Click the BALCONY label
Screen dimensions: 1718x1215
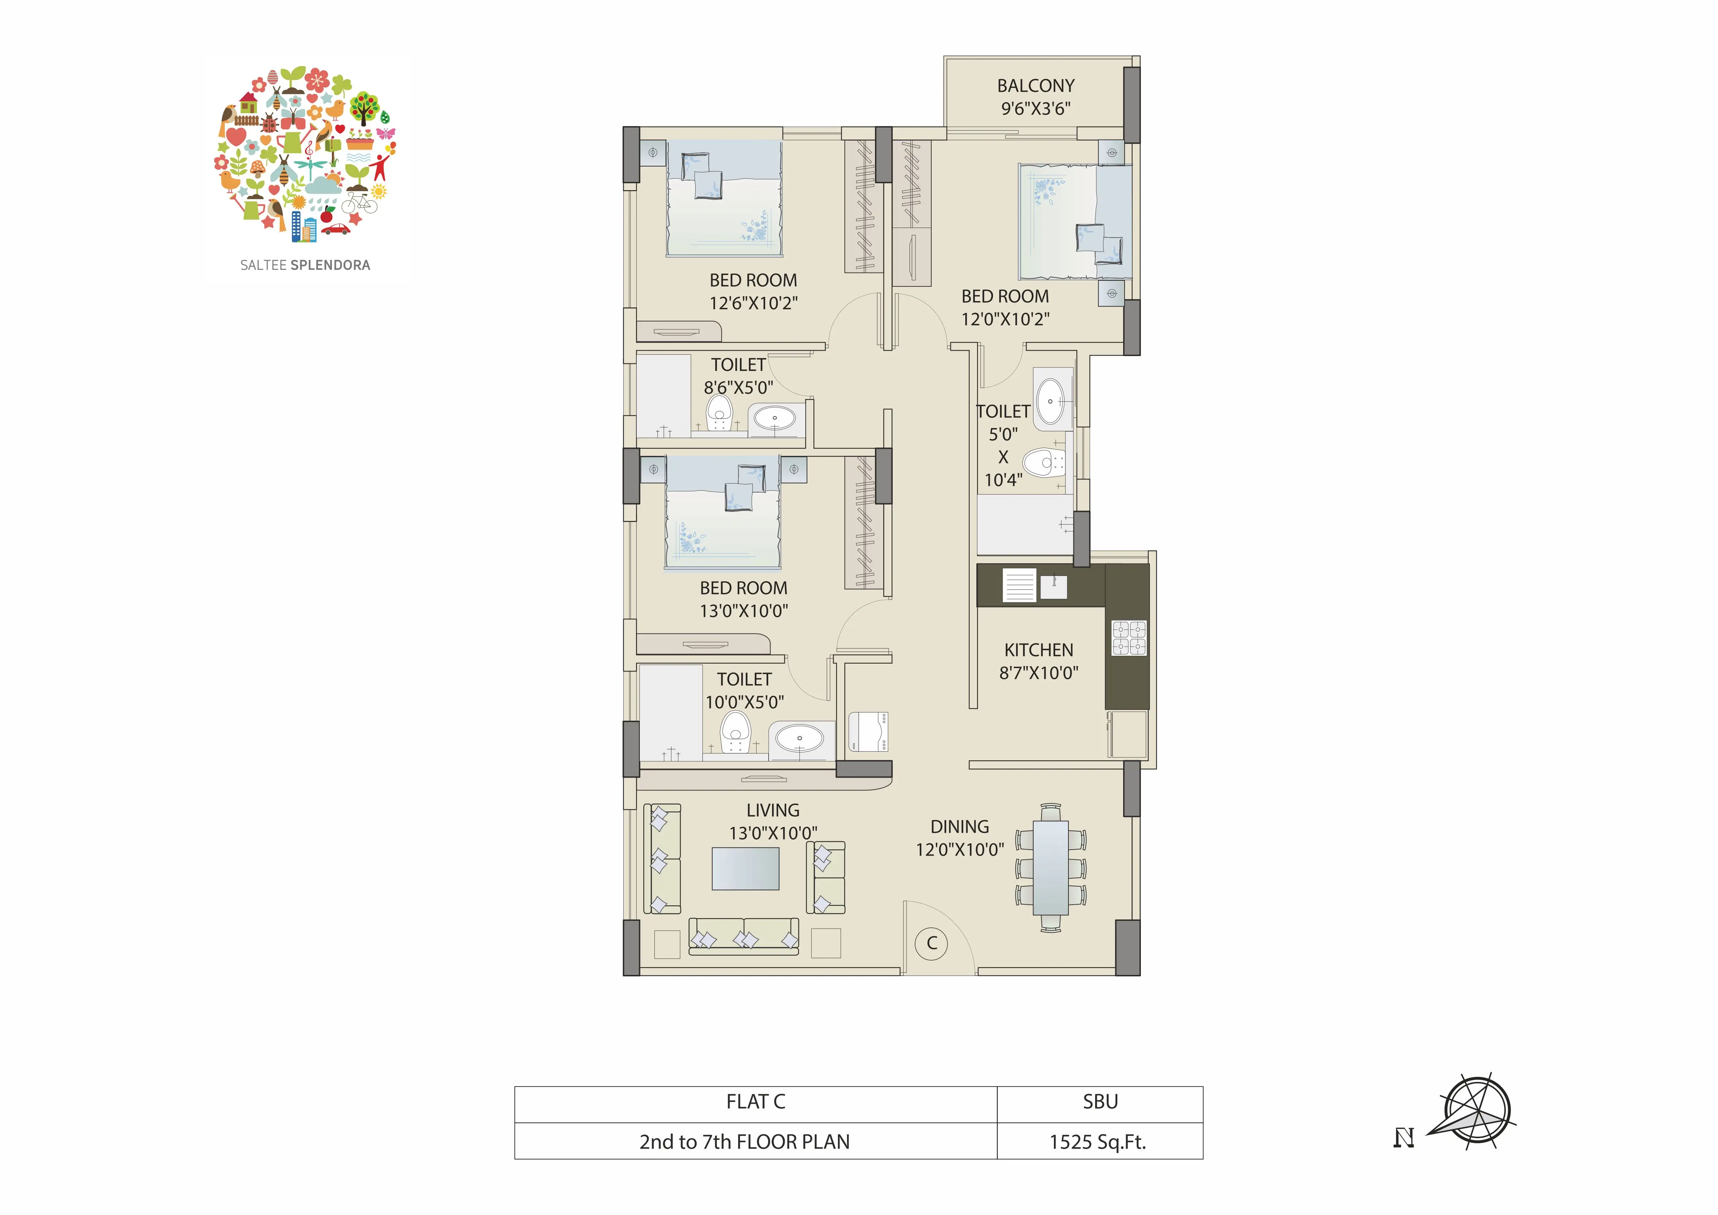(1036, 86)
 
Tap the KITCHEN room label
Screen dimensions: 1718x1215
(1039, 650)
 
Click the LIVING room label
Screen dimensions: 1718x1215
(773, 810)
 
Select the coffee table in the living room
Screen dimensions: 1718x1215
(745, 868)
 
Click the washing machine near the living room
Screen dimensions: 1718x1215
(868, 731)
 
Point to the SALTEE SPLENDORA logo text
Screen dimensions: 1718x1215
(305, 265)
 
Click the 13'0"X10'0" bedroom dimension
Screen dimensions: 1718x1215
(744, 611)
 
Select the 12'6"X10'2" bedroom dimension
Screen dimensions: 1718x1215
(753, 303)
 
